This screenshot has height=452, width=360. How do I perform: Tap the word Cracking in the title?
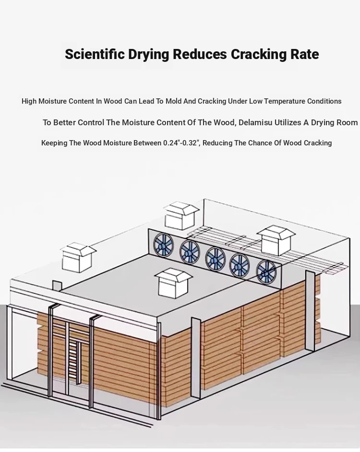coord(258,55)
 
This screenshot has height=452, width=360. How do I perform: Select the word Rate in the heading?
coord(304,54)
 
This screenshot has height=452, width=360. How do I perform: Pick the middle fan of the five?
coord(215,259)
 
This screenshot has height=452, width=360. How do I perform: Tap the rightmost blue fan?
coord(265,272)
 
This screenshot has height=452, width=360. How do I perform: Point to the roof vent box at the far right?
coord(276,241)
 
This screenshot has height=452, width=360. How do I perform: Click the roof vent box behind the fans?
coord(181,215)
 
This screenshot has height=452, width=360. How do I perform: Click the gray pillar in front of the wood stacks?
coord(196,358)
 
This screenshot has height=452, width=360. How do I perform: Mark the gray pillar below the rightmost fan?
coord(310,311)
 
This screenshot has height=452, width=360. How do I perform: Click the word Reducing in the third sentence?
coord(219,143)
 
